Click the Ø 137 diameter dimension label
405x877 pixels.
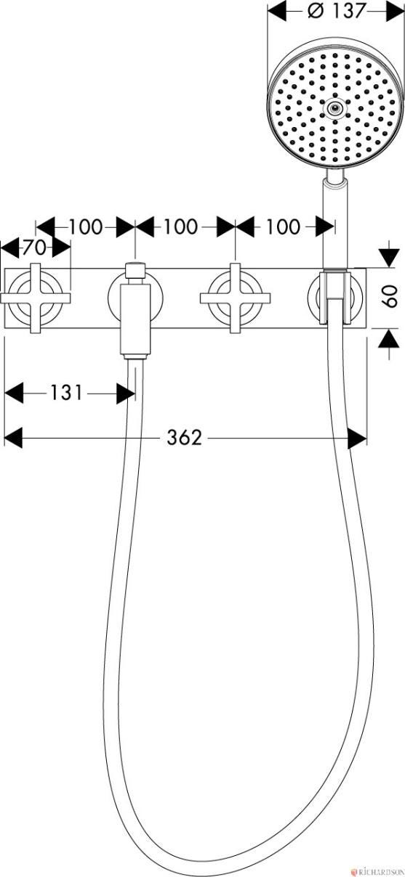pos(337,11)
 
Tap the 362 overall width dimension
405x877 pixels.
pos(184,437)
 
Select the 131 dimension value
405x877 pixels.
pos(67,393)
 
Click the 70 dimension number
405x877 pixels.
pos(35,247)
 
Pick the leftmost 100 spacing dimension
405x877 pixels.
pos(86,227)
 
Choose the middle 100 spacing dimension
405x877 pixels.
pos(180,227)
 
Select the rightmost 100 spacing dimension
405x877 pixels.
pos(283,227)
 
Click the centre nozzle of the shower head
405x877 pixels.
pos(334,107)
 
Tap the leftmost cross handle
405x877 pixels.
pos(36,298)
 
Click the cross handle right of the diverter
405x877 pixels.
pos(235,298)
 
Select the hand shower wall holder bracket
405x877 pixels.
pos(334,297)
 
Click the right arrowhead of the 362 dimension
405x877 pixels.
pos(358,437)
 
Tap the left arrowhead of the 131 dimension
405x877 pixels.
pos(14,393)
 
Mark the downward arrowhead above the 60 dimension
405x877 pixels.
pos(389,258)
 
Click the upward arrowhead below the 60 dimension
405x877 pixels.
pos(389,338)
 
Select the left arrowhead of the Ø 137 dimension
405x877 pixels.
pos(277,11)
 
